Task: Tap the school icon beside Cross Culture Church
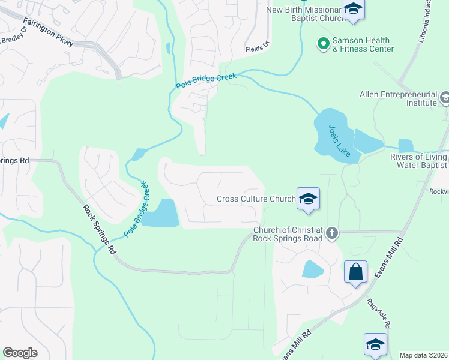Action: click(307, 199)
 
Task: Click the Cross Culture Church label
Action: click(256, 199)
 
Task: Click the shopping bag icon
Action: click(355, 272)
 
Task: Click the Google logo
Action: click(20, 353)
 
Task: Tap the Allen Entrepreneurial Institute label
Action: click(398, 99)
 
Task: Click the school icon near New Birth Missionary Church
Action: click(353, 10)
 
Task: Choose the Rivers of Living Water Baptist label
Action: click(418, 161)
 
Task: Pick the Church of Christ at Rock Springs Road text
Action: click(288, 234)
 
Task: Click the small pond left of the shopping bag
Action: click(312, 269)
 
